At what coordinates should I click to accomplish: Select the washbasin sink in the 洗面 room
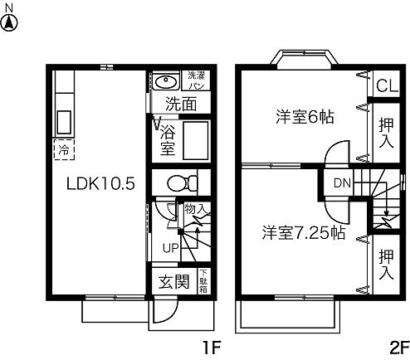point(164,82)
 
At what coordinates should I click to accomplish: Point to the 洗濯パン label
point(195,80)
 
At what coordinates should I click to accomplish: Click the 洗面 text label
point(179,105)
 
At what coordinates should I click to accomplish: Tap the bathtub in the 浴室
point(197,141)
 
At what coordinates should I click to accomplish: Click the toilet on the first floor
point(178,183)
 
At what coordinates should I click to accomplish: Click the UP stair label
point(169,247)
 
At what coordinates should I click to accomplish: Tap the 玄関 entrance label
point(173,283)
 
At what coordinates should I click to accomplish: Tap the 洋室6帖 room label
point(305,117)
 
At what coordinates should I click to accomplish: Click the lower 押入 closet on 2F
point(385,264)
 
